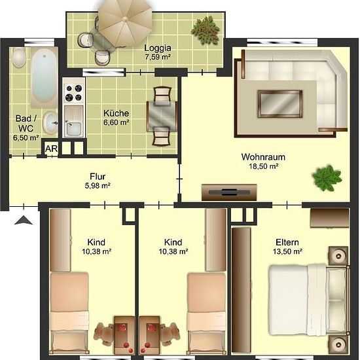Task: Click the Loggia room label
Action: point(158,48)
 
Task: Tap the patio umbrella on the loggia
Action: point(125,23)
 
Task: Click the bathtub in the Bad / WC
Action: point(44,77)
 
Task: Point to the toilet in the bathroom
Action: point(18,58)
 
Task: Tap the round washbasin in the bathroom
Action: point(50,123)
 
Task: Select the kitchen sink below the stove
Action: point(73,122)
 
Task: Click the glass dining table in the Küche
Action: point(162,116)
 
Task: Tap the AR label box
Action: point(51,149)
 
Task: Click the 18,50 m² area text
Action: point(264,166)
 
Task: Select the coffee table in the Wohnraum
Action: point(280,104)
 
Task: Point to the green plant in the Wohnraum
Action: point(327,178)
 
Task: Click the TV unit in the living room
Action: point(229,192)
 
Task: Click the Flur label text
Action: point(98,177)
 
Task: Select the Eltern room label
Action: point(287,242)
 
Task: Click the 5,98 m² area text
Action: point(98,185)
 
